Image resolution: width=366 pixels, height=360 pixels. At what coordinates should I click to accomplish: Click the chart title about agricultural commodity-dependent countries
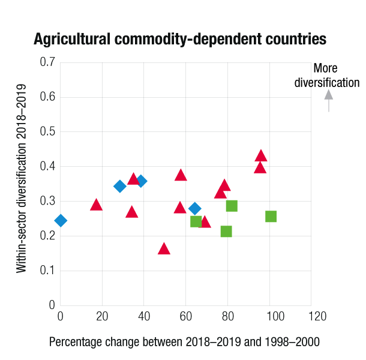(x=180, y=40)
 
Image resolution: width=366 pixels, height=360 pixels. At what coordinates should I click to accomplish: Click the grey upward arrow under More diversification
(x=328, y=100)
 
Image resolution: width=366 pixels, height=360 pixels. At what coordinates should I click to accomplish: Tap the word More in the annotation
(x=326, y=68)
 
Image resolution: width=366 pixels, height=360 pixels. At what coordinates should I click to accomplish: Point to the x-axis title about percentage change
(x=184, y=342)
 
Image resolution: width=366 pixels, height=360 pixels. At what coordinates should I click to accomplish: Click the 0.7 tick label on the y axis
(x=47, y=62)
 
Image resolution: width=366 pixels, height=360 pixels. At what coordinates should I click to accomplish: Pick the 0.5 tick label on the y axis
(x=47, y=131)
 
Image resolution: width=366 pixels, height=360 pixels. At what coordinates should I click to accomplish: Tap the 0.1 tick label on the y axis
(x=47, y=271)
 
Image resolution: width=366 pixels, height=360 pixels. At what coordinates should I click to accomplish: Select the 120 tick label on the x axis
(x=311, y=316)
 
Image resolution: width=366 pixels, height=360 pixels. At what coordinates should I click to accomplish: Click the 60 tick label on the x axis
(x=185, y=316)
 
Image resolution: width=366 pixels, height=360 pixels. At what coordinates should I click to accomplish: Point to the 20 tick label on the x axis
(x=102, y=316)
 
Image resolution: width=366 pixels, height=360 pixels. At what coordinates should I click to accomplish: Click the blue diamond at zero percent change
(x=61, y=221)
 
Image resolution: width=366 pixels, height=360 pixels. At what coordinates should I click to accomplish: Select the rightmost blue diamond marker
(x=195, y=209)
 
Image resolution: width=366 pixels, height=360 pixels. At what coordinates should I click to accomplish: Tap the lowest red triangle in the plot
(x=164, y=249)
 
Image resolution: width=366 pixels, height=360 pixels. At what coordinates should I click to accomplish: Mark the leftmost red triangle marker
(x=96, y=205)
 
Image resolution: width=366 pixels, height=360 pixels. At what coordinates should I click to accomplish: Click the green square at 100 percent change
(x=271, y=216)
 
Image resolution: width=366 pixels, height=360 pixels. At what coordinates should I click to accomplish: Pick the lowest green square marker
(x=226, y=231)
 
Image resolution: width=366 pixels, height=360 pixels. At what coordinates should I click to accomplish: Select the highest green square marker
(x=232, y=206)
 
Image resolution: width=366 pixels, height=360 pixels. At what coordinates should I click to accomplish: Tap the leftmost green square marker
(x=196, y=221)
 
